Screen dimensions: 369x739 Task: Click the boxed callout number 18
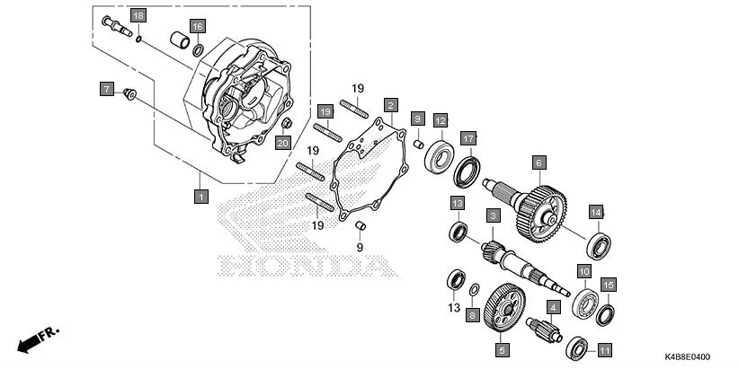(138, 17)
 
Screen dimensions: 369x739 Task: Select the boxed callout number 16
(197, 25)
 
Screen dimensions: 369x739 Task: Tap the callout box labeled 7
(105, 89)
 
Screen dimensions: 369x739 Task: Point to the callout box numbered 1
(200, 195)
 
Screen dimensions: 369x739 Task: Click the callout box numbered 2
(390, 106)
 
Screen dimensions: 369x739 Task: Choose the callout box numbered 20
(282, 144)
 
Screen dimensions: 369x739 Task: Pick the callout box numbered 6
(539, 163)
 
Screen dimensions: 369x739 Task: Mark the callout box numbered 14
(595, 212)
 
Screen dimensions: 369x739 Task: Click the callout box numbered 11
(604, 350)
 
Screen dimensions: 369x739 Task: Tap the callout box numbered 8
(471, 314)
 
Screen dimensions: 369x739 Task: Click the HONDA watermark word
(307, 266)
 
